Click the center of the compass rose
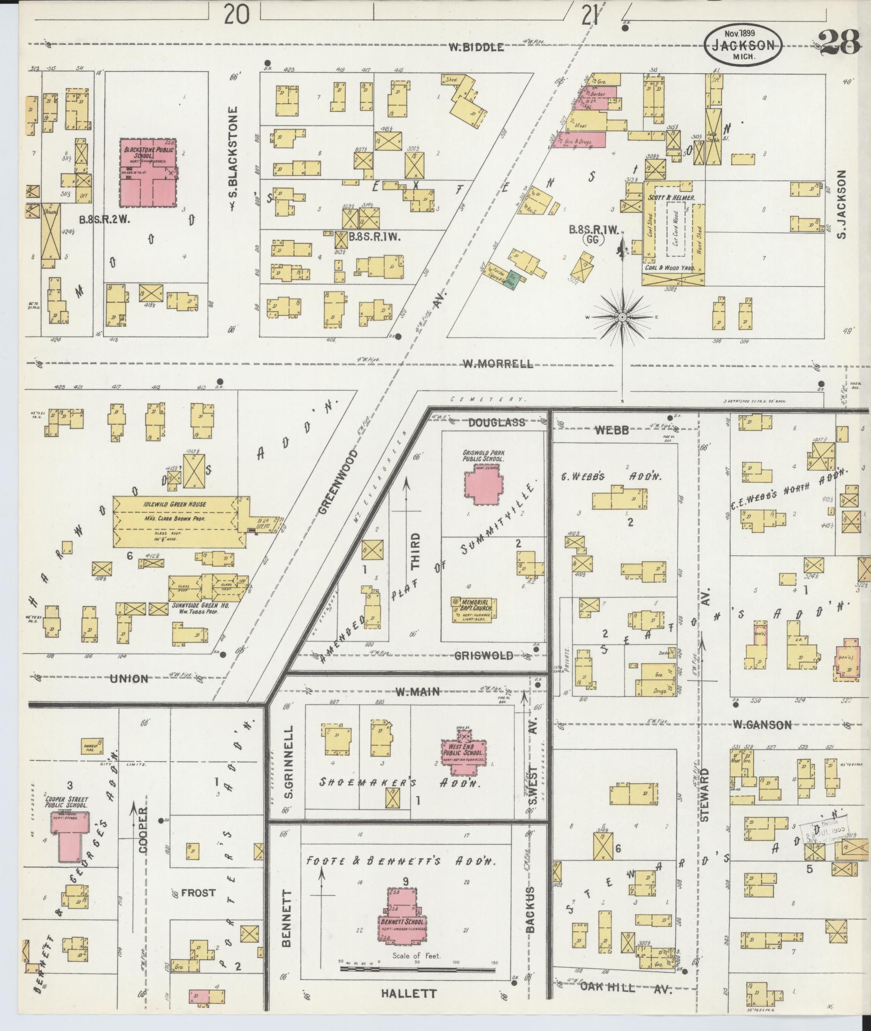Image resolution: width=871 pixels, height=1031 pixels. pos(622,317)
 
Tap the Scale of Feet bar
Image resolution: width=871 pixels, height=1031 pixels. pos(417,968)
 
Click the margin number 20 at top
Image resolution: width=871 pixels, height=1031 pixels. pos(236,14)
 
